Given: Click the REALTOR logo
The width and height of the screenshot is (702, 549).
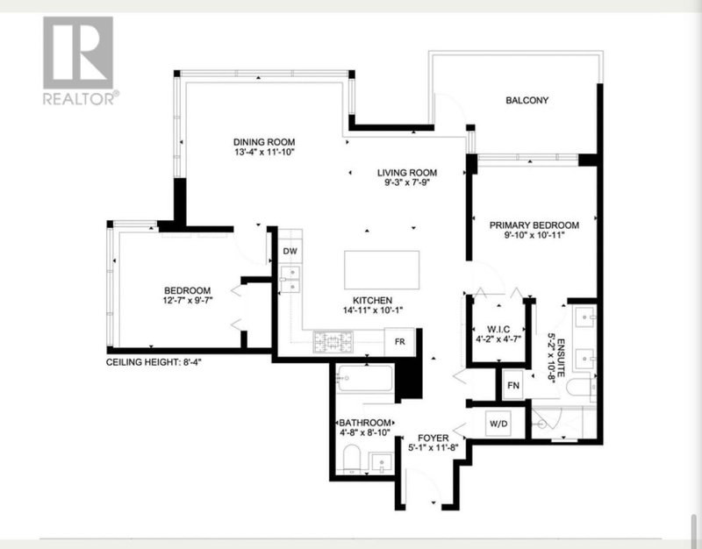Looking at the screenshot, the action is pyautogui.click(x=78, y=61).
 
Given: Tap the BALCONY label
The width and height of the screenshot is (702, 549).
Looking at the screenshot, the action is pyautogui.click(x=527, y=100).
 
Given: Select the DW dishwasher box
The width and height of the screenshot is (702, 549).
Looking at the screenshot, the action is pyautogui.click(x=290, y=251).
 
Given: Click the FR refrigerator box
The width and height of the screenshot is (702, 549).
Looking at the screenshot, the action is pyautogui.click(x=400, y=342).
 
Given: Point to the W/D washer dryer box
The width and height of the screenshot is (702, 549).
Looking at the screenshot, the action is pyautogui.click(x=498, y=424).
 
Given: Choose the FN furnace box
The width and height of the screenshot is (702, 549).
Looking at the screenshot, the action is pyautogui.click(x=513, y=384).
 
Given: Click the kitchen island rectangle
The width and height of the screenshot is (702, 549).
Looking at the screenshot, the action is pyautogui.click(x=382, y=270).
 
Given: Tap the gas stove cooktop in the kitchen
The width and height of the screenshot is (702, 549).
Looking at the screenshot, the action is pyautogui.click(x=333, y=342).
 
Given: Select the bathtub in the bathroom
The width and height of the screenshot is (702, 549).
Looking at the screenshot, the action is pyautogui.click(x=365, y=379).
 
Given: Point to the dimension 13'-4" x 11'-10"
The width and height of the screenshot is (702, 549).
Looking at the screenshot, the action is pyautogui.click(x=264, y=152).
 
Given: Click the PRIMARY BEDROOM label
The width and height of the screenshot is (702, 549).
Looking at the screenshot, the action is pyautogui.click(x=534, y=225).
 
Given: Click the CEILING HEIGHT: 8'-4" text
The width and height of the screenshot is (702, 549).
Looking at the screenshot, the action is pyautogui.click(x=154, y=362).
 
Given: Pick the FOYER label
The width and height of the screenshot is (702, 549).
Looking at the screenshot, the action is pyautogui.click(x=433, y=438).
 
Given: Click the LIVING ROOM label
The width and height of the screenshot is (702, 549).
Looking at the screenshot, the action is pyautogui.click(x=407, y=172).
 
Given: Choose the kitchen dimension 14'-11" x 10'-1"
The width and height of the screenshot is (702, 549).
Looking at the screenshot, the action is pyautogui.click(x=374, y=310).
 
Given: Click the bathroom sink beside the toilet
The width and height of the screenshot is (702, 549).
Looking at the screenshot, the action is pyautogui.click(x=382, y=462).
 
